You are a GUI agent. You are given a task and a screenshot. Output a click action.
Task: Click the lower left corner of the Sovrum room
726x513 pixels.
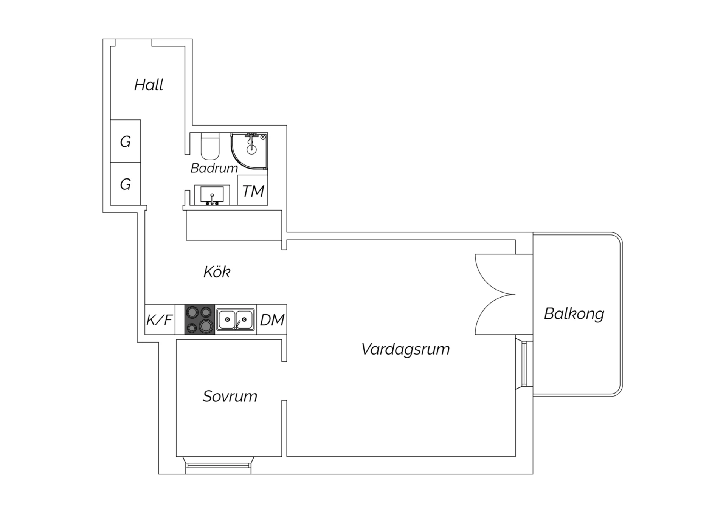coord(177,456)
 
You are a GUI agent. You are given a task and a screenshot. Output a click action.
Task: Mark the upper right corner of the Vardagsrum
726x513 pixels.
coord(515,240)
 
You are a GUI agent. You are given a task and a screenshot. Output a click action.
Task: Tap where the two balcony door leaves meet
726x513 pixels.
coord(515,294)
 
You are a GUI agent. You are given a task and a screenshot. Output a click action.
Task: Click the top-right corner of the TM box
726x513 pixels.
coord(268,175)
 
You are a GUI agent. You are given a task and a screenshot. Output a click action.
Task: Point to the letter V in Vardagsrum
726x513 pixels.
coord(367,349)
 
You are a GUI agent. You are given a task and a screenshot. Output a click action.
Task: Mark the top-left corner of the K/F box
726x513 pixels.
coord(145,305)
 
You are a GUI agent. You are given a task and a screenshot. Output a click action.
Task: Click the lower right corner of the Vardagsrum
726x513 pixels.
coord(515,456)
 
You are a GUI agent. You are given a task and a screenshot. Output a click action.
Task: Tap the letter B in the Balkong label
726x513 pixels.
coord(549,314)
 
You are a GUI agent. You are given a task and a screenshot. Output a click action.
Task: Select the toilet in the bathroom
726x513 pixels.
coord(210,146)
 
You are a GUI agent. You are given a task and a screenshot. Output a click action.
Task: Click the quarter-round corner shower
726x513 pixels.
coord(250,151)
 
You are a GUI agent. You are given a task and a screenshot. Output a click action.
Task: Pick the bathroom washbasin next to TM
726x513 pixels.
coord(212,195)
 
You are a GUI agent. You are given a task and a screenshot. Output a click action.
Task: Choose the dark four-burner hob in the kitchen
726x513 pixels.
coord(200,319)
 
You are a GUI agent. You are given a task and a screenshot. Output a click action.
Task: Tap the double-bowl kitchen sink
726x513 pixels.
coord(235,319)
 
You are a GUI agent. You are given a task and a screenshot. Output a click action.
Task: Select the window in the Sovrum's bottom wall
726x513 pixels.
coord(218,465)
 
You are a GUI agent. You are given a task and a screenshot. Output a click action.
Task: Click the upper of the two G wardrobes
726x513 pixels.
coord(126,141)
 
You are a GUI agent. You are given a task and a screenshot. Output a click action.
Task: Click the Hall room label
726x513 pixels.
coord(149,85)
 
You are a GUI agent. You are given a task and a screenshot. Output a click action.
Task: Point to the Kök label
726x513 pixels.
coord(217,272)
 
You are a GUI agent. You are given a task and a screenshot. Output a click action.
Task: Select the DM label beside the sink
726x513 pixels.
coord(272,320)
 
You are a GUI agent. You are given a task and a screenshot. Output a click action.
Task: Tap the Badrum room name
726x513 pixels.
coord(214,168)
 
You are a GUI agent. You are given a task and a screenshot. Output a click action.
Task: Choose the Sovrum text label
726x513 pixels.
coord(230,396)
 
